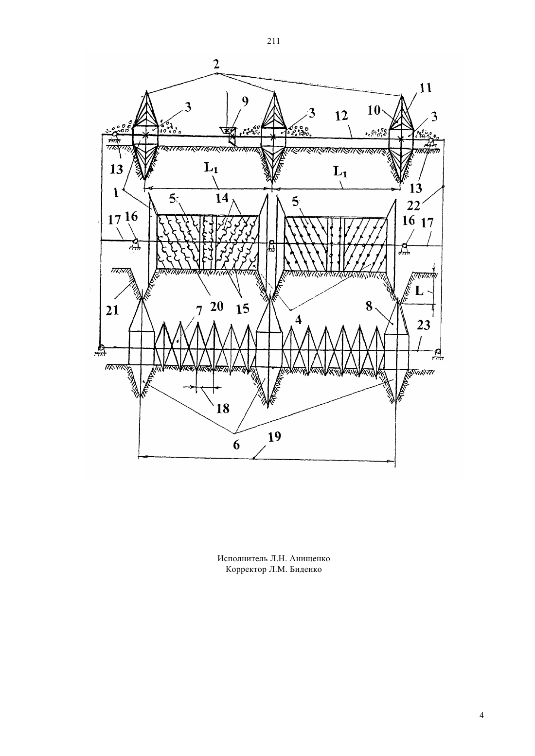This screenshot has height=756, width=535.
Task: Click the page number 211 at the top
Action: tap(273, 41)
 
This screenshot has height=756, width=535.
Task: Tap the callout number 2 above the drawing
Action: tap(216, 64)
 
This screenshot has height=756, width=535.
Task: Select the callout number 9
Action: tap(245, 101)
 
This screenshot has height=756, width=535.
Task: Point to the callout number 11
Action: tap(426, 88)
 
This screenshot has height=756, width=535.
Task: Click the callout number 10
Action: tap(374, 110)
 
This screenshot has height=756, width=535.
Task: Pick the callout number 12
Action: tap(341, 116)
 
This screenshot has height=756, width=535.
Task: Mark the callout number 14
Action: tap(222, 198)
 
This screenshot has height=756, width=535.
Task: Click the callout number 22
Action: tap(413, 206)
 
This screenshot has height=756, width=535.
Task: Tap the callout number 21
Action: tap(112, 310)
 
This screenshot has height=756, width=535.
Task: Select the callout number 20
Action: tap(216, 307)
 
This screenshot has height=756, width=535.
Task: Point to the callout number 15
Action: tap(243, 309)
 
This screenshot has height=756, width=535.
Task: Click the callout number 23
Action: tap(424, 326)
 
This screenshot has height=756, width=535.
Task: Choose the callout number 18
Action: tap(223, 409)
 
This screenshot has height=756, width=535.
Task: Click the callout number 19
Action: tap(274, 437)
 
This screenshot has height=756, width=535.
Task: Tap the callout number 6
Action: tap(236, 445)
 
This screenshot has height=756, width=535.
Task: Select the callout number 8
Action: tap(369, 306)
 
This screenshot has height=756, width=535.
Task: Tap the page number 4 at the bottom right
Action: tap(481, 716)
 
